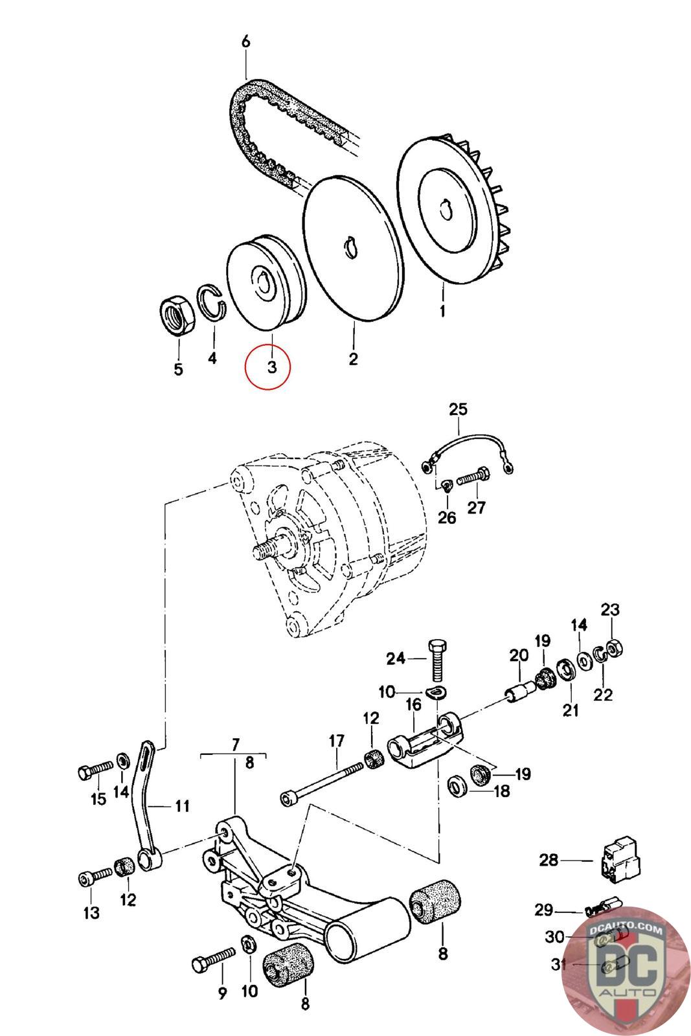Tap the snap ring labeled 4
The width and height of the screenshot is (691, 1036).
(213, 301)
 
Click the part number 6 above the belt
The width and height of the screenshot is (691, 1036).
(245, 41)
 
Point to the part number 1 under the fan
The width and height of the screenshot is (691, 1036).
(442, 311)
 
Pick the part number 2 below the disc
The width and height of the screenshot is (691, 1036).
(353, 358)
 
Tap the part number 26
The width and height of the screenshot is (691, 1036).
(447, 518)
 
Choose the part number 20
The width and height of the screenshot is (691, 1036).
(519, 655)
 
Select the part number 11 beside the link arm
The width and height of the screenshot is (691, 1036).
(182, 806)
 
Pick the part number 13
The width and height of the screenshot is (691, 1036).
(91, 913)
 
